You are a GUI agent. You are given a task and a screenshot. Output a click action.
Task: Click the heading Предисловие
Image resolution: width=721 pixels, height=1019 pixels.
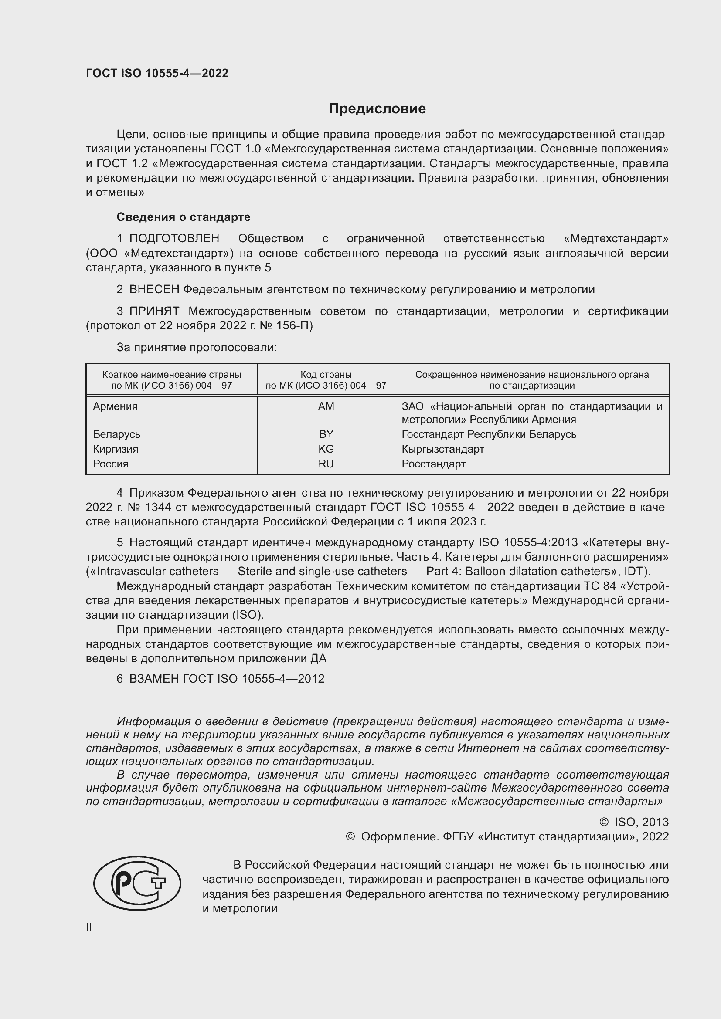coord(377,109)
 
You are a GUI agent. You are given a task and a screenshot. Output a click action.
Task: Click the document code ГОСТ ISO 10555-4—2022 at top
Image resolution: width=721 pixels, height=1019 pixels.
coord(157,73)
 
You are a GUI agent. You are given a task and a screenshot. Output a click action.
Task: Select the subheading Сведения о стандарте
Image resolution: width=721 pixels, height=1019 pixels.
coord(183,217)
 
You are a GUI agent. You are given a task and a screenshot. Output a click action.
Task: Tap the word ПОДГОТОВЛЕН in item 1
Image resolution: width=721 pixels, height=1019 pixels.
coord(174,239)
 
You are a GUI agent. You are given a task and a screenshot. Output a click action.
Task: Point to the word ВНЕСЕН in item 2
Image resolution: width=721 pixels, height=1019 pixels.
coord(154,290)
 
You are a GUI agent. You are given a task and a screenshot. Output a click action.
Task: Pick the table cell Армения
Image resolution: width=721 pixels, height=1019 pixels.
coord(115,406)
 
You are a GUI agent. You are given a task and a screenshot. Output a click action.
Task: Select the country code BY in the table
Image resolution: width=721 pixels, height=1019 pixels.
coord(326,434)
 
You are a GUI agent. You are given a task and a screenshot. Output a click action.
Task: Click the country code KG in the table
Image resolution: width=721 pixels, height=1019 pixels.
coord(326,449)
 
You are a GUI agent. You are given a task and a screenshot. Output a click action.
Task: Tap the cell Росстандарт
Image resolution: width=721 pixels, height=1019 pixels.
coord(433,464)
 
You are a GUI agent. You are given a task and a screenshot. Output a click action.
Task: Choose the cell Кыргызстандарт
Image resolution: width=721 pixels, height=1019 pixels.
coord(442,449)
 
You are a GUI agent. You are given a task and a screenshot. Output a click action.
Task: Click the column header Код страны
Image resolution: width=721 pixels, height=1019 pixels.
coord(326,375)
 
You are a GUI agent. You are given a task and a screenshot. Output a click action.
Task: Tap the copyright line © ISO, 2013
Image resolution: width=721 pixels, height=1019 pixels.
coord(633,822)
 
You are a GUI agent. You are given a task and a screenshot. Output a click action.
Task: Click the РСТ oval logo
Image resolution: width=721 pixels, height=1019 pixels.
coord(137,883)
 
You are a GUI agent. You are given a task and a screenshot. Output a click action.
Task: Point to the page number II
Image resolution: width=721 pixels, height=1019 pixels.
coord(89,927)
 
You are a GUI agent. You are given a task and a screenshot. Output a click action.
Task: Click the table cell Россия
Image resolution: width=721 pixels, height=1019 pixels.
coord(111,464)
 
